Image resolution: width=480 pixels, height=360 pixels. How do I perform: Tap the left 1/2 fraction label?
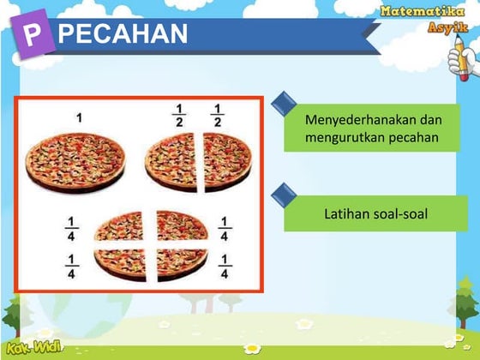[180, 115]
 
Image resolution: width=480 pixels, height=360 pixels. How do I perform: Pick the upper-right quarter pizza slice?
[181, 225]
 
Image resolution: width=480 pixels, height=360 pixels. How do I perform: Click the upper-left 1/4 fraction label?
[73, 229]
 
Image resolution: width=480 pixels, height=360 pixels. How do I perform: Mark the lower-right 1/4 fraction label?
[224, 267]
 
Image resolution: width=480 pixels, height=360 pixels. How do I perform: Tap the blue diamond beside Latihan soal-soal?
[284, 195]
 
